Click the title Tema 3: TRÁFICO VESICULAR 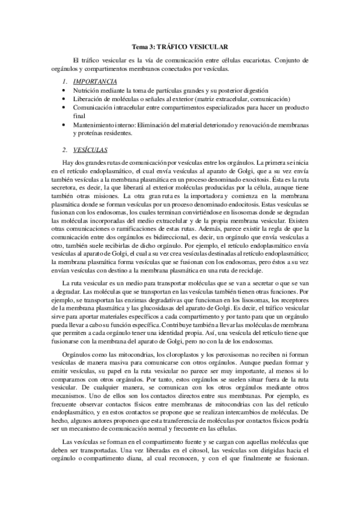tap(180, 46)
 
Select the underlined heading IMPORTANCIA tap(90, 81)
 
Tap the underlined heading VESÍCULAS tap(87, 149)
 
